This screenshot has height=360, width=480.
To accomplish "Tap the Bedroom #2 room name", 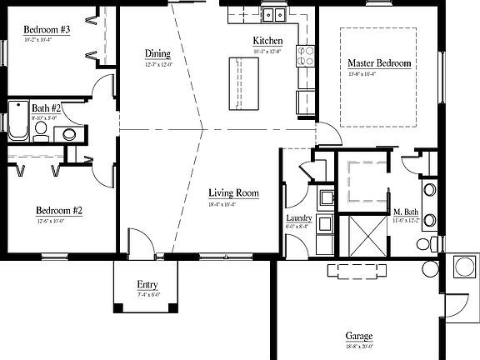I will pyautogui.click(x=58, y=210).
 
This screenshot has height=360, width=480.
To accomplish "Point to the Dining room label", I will pyautogui.click(x=157, y=54).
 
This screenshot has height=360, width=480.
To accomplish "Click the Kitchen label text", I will pyautogui.click(x=268, y=41).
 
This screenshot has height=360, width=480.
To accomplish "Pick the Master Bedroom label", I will pyautogui.click(x=379, y=62).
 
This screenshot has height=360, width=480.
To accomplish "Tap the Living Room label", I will pyautogui.click(x=233, y=193).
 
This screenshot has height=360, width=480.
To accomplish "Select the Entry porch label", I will pyautogui.click(x=147, y=286).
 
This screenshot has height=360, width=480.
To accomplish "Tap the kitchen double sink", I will pyautogui.click(x=273, y=14).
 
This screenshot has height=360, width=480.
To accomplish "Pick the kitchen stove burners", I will pyautogui.click(x=306, y=56).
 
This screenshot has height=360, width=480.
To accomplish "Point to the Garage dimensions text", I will pyautogui.click(x=358, y=347).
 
